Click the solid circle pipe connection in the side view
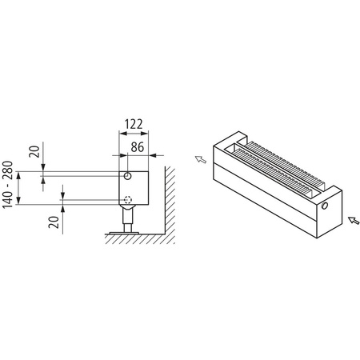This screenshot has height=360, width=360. tap(129, 175)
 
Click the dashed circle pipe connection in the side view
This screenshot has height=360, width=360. tap(128, 200)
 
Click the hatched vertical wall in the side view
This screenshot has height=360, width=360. tap(170, 200)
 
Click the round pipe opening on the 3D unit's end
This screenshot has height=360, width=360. tap(326, 206)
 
